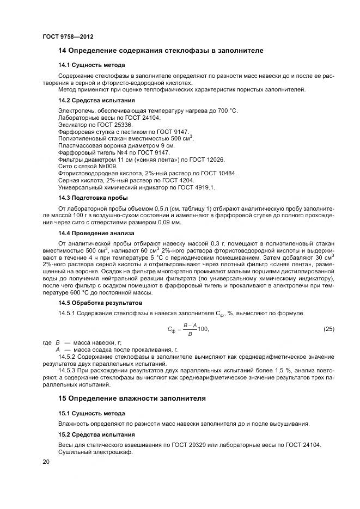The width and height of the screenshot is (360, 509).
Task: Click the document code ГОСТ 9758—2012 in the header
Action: [x=68, y=37]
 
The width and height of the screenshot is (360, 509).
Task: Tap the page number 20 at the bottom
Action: [x=46, y=462]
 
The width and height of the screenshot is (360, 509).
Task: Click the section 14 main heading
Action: [x=161, y=51]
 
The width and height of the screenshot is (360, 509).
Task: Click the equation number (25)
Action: [x=328, y=329]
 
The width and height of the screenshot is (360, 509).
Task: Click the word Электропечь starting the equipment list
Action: [x=74, y=111]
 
